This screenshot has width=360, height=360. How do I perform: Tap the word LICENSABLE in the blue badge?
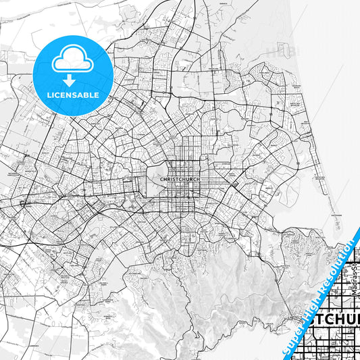pyautogui.click(x=72, y=95)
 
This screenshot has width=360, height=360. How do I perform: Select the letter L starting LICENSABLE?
pyautogui.click(x=49, y=95)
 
